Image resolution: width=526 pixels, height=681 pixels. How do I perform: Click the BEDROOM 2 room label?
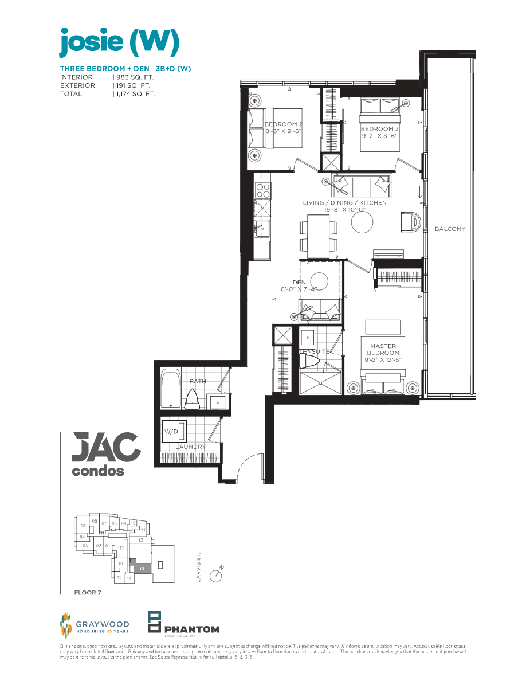click(283, 124)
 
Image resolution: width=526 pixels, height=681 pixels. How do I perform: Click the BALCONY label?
click(450, 229)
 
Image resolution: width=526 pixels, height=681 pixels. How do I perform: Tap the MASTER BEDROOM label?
click(384, 350)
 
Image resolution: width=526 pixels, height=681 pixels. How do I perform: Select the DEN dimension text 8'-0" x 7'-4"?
click(299, 290)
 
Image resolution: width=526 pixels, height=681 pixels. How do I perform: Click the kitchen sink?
click(262, 228)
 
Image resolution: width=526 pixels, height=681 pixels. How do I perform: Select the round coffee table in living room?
click(362, 222)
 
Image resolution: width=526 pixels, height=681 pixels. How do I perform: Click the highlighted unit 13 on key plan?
click(141, 567)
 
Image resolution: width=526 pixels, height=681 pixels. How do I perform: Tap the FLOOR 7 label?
click(88, 592)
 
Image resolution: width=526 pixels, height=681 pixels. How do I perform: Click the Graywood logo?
click(95, 627)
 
